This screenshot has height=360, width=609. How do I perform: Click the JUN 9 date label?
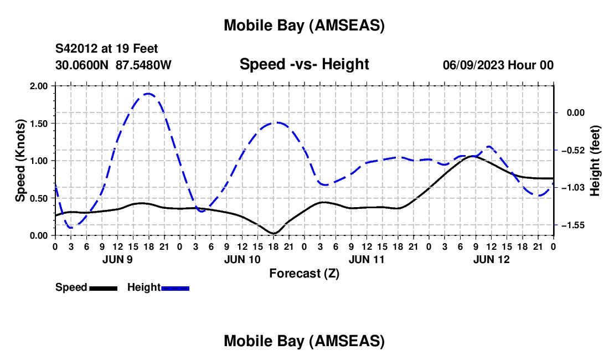point(117,259)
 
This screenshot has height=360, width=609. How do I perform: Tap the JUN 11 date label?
point(367,259)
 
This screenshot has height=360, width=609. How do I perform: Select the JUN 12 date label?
point(491,259)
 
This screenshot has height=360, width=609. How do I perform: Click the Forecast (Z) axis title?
point(304,273)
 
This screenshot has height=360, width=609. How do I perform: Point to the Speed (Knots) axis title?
point(20,161)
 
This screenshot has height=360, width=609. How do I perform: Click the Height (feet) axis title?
point(595,161)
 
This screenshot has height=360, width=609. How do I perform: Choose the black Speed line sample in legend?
point(103,288)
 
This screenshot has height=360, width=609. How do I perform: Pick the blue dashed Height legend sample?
point(175,288)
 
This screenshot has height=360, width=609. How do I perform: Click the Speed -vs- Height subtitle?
point(304,64)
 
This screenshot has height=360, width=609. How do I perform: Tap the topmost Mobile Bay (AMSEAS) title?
point(304,25)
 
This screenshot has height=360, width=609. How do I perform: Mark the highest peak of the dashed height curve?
point(148,94)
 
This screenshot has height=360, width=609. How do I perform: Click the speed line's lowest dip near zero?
point(273,233)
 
